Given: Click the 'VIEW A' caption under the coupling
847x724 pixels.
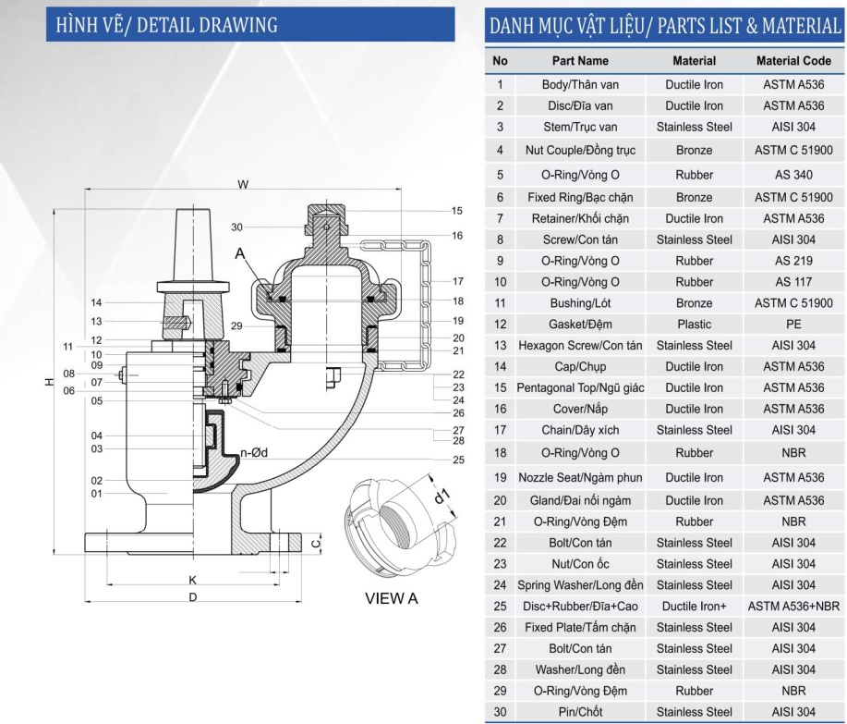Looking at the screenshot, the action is (391, 598).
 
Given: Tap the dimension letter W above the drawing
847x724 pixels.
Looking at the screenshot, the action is (243, 184).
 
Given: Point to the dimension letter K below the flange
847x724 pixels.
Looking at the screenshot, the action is (193, 580).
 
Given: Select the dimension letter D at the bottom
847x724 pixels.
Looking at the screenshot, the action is (193, 597).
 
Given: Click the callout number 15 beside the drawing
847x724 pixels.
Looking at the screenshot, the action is (457, 211).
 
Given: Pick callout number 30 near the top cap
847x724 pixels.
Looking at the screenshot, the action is (236, 227).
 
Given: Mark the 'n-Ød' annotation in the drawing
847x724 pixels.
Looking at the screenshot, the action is (254, 452).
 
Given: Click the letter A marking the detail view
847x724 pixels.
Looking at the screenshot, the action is (240, 253).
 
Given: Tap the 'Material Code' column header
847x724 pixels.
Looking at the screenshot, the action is (793, 61).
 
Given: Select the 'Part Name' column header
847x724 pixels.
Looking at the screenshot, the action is (580, 61).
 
